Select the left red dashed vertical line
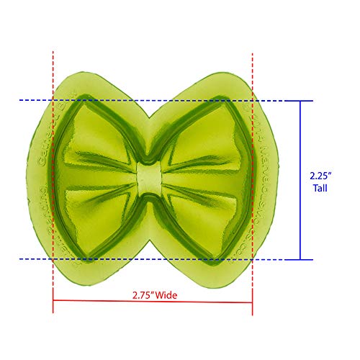tap(53, 180)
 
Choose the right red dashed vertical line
tap(253, 180)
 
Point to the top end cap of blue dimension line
tap(300, 100)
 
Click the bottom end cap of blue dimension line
tap(300, 259)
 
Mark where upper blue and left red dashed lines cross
tap(53, 100)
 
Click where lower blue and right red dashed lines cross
tap(253, 258)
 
